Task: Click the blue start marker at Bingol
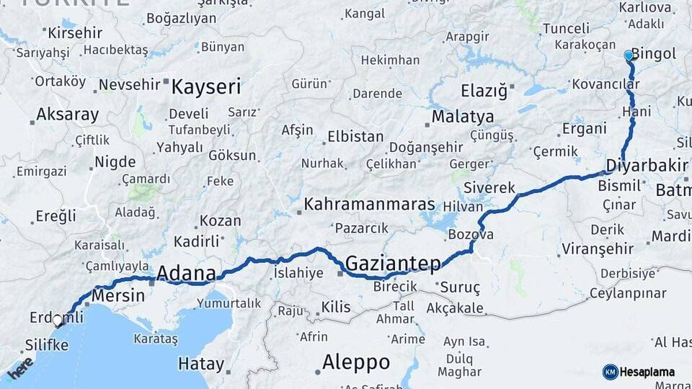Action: click(628, 55)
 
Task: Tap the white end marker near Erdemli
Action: click(58, 321)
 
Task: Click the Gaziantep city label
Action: click(393, 264)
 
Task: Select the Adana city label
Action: click(186, 273)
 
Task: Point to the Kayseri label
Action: click(205, 87)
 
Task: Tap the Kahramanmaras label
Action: click(369, 205)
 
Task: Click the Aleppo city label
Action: click(356, 362)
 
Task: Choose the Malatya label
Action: click(463, 117)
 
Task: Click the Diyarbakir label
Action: click(647, 165)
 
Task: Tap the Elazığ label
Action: click(484, 91)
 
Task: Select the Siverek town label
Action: click(489, 187)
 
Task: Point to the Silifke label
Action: click(47, 345)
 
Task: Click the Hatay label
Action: click(201, 363)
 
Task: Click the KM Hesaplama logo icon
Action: click(611, 372)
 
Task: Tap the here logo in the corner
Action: click(19, 368)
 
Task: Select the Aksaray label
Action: click(67, 114)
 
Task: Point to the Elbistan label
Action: click(355, 135)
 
